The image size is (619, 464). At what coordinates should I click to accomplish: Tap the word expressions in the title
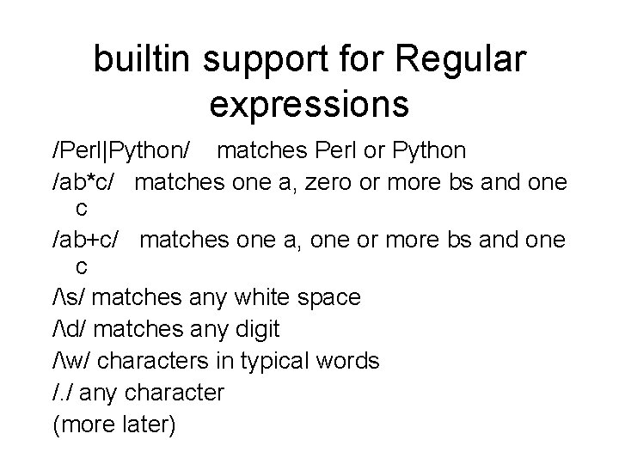(x=309, y=104)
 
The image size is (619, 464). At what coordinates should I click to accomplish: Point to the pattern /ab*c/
(x=87, y=181)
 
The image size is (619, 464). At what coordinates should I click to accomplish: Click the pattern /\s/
(x=69, y=297)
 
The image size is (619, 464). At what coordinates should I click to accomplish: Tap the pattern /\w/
(x=71, y=361)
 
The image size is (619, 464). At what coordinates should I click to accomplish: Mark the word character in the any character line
(x=175, y=393)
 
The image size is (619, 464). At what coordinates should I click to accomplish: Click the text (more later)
(x=114, y=424)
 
